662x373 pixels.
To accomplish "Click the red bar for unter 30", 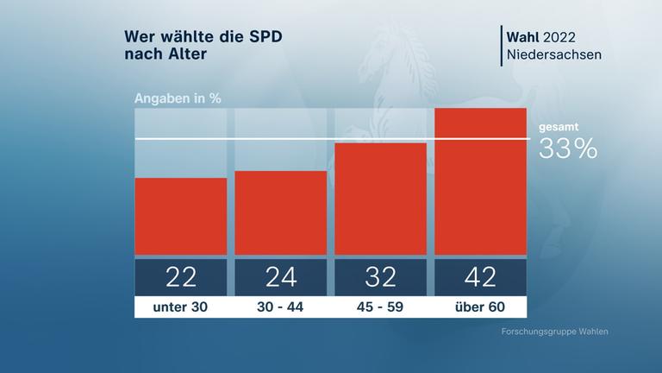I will pos(181,217).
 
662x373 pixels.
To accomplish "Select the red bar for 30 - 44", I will pos(281,213).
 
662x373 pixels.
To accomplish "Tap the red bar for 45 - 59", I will pos(381,199).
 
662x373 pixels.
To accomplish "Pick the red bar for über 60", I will pos(481,181).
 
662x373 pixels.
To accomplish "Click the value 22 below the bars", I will pos(181,276).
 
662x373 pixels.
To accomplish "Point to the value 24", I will pos(281,276).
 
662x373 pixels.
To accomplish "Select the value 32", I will pos(381,276).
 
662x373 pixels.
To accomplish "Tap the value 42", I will pos(481,276).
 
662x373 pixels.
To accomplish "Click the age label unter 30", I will pos(181,307).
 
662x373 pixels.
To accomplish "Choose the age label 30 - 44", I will pos(281,307).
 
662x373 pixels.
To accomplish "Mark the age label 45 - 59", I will pos(381,307).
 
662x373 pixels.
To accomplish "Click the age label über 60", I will pos(481,307).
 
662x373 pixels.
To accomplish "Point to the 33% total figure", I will pos(568,149).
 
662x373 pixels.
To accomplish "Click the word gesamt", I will pos(559,127).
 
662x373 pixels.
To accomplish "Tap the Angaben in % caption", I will pos(178,98).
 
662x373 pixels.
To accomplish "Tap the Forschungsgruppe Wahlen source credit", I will pos(559,332).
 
